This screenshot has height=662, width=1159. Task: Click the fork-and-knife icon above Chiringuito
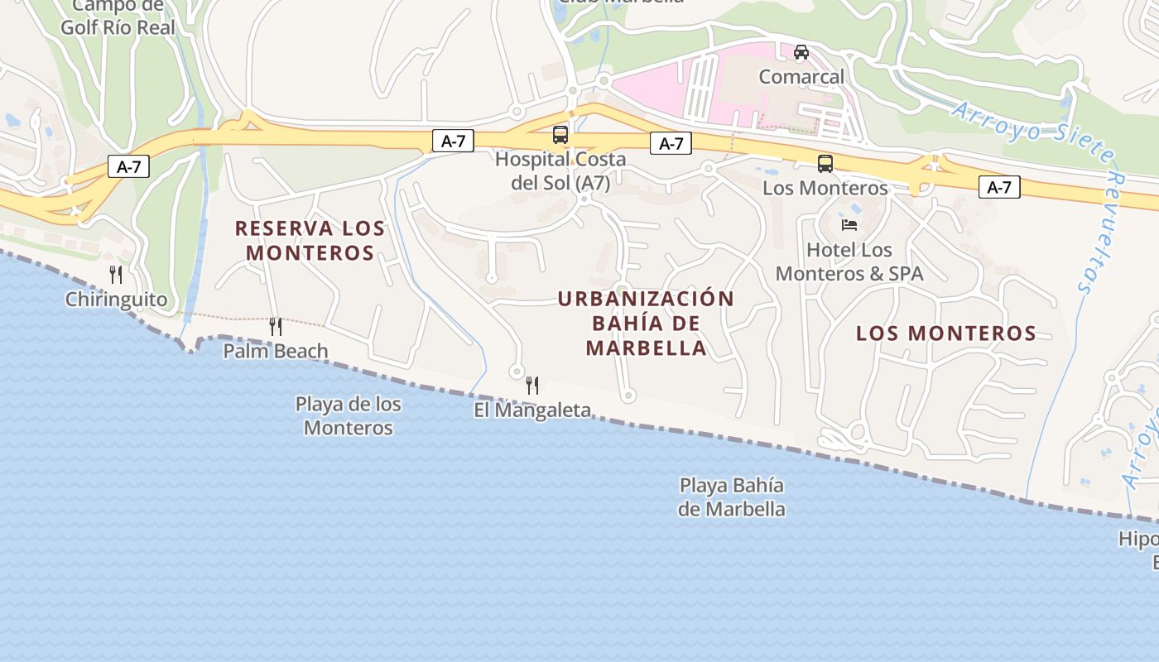point(116,275)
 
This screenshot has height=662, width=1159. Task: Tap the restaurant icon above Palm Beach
point(276,327)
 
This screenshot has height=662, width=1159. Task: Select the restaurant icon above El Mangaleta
point(532,385)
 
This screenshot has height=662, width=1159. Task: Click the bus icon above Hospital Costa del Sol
point(560,135)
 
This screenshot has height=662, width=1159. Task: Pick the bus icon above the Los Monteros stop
point(825,163)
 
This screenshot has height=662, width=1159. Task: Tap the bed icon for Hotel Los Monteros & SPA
point(849,224)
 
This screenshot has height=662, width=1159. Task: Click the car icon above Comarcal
point(801,52)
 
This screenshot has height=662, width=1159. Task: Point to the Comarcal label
point(802,77)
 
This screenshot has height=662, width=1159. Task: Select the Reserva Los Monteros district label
point(310,240)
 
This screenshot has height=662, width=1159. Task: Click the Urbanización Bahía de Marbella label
point(646,323)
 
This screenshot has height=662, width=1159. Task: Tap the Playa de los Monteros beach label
point(349,415)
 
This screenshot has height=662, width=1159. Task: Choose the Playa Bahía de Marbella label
point(732,496)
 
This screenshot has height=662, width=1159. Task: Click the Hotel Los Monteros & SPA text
point(849,261)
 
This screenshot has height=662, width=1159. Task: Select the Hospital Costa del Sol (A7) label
point(560,170)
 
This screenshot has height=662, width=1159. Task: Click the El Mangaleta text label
point(532,410)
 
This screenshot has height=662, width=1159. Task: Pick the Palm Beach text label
point(276,351)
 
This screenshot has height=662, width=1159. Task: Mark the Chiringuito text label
point(116,300)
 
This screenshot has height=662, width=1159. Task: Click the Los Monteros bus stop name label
point(825,188)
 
